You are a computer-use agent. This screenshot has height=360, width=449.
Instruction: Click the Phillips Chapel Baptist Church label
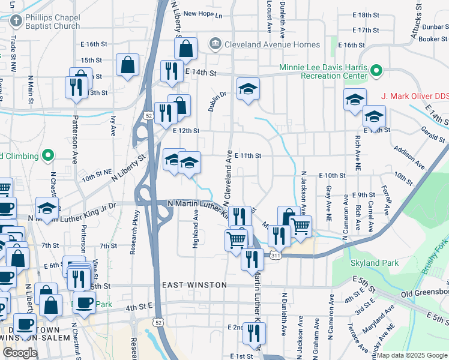(x=53, y=22)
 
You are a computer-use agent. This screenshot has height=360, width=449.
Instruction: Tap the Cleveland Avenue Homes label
(x=264, y=44)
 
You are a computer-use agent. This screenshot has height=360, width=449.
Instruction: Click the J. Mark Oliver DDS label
(x=415, y=96)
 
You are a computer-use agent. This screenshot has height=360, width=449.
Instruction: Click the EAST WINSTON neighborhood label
(x=194, y=285)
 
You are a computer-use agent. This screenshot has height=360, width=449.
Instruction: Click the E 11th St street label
(x=248, y=155)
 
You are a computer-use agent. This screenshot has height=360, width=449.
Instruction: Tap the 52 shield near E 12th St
(x=148, y=115)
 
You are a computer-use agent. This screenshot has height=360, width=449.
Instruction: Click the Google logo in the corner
(x=20, y=353)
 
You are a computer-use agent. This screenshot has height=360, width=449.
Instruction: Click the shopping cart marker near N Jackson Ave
(x=300, y=225)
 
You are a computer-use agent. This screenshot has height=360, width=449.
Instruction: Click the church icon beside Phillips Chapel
(x=16, y=22)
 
